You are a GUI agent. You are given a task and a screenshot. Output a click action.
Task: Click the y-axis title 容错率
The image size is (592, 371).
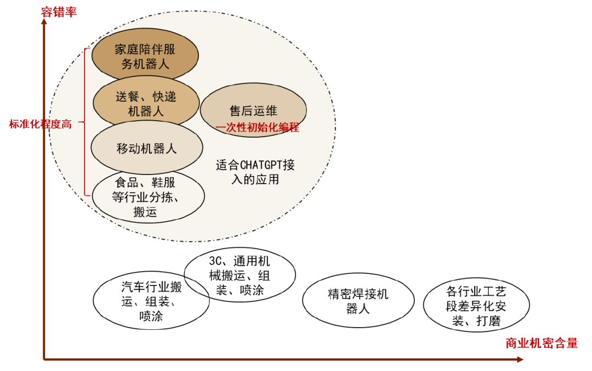tap(59, 12)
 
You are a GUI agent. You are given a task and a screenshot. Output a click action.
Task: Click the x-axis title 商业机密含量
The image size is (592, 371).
tap(542, 344)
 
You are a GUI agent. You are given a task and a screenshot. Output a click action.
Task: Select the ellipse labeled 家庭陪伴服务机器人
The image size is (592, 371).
tap(145, 55)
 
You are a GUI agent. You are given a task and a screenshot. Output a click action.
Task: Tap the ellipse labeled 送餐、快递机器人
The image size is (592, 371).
tap(146, 103)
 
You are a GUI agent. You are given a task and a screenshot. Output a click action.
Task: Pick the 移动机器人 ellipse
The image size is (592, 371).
tap(146, 148)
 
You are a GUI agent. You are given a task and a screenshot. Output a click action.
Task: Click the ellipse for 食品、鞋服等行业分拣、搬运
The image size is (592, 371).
tap(148, 196)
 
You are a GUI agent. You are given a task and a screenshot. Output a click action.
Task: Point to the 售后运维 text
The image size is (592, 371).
tap(253, 110)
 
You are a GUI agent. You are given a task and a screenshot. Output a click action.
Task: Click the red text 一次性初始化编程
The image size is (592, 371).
tap(258, 128)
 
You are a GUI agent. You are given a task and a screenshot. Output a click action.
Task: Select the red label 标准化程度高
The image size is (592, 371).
tap(40, 124)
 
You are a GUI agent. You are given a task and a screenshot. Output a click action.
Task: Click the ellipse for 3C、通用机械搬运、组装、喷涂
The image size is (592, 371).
tap(240, 274)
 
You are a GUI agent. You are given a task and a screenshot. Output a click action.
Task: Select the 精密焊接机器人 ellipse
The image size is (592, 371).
tap(358, 301)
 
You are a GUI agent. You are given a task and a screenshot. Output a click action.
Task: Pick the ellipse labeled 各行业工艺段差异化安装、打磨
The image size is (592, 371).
tap(476, 306)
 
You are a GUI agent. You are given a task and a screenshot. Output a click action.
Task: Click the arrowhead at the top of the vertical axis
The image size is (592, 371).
tap(44, 23)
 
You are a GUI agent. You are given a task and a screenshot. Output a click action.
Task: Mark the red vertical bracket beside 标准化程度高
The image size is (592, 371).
tap(86, 122)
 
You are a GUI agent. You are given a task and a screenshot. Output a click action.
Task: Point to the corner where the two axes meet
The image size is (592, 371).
tap(44, 359)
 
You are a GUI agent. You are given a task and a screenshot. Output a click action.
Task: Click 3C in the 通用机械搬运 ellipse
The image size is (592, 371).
tap(215, 260)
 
